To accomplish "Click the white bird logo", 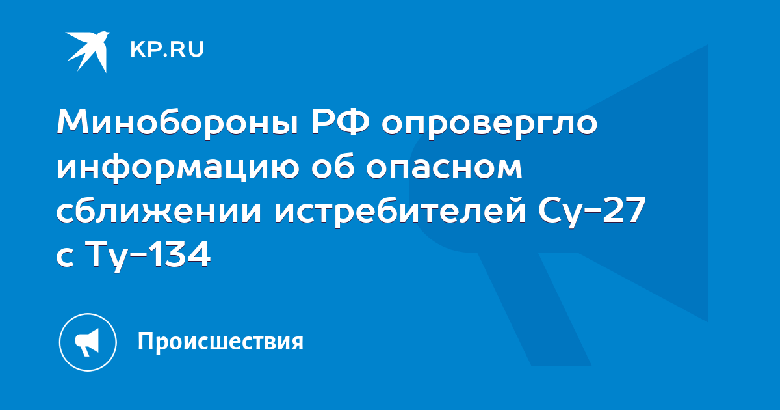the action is [88, 51].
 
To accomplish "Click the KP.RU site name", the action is [167, 49].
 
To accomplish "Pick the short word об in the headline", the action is [333, 165].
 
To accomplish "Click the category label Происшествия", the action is [221, 342].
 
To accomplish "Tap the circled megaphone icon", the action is [88, 342].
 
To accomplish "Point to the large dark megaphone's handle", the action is [534, 309].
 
